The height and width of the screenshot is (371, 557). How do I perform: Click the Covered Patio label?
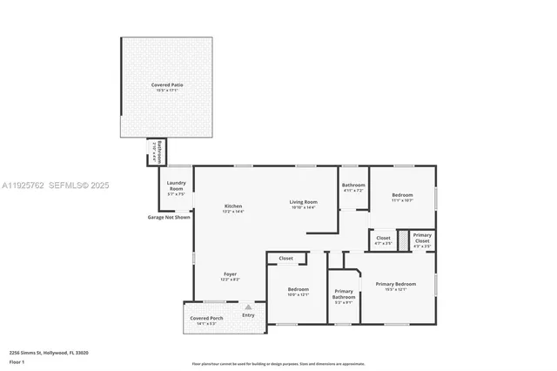click(167, 85)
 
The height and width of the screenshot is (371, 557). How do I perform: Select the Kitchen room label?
click(232, 206)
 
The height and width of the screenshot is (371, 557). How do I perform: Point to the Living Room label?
click(304, 202)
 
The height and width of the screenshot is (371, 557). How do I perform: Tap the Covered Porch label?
click(207, 319)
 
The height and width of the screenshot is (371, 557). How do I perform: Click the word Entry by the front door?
click(249, 314)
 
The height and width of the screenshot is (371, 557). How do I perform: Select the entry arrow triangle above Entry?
click(249, 307)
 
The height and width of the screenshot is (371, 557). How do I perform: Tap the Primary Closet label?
click(422, 235)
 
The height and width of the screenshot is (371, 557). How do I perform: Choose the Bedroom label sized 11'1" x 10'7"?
click(402, 195)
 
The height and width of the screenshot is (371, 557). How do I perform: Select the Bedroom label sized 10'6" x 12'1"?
click(298, 288)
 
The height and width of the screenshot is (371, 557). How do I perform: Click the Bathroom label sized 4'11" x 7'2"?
click(353, 185)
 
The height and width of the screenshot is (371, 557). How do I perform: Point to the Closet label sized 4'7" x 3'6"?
click(383, 238)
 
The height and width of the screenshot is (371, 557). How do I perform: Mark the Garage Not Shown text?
click(169, 217)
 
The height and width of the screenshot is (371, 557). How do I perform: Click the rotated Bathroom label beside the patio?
click(156, 152)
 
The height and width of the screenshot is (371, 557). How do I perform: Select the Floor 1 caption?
click(17, 361)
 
